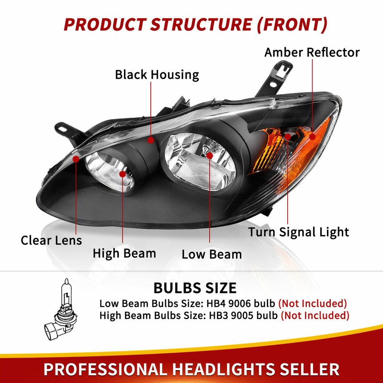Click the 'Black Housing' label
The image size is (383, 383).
(x=157, y=75)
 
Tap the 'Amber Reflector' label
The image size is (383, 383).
(x=312, y=53)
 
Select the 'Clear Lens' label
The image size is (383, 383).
(x=51, y=240)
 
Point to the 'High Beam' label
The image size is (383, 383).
(x=124, y=253)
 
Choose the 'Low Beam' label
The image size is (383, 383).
(x=212, y=255)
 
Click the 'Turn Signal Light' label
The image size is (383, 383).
(x=299, y=232)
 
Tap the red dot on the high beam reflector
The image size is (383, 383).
(x=123, y=174)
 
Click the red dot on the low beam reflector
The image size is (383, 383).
(x=209, y=156)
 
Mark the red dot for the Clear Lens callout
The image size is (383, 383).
(x=76, y=159)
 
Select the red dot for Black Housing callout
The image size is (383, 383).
(x=151, y=140)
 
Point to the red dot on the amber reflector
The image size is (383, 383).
(x=313, y=136)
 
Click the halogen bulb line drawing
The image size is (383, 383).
(x=61, y=310)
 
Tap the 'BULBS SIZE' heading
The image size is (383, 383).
(x=195, y=288)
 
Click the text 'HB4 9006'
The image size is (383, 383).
(x=229, y=304)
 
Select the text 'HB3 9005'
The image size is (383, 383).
(x=231, y=315)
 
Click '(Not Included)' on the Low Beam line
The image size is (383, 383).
(x=313, y=304)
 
